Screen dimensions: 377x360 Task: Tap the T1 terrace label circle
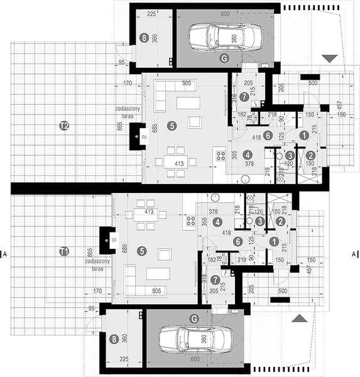pos(63,251)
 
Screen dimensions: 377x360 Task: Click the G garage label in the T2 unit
pos(224,58)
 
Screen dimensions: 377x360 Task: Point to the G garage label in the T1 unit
pos(194,319)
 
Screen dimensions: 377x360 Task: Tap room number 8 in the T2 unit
pos(145,38)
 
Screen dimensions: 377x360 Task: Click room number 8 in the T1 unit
pos(113,339)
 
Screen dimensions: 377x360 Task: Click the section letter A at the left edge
pos(5,254)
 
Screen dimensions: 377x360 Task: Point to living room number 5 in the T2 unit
pos(172,126)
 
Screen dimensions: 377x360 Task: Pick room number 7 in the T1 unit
pos(215,280)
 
